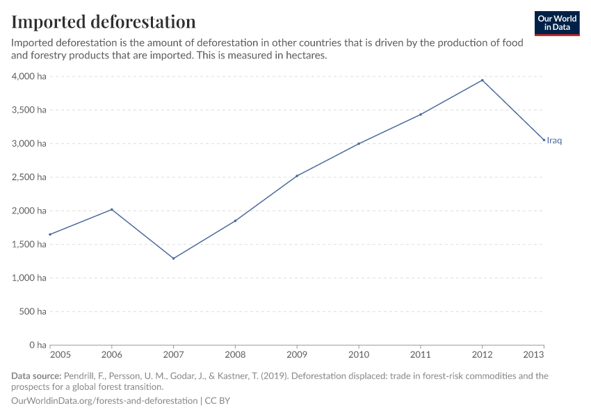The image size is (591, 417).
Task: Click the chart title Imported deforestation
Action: pyautogui.click(x=104, y=22)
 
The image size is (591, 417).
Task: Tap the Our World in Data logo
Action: pyautogui.click(x=556, y=23)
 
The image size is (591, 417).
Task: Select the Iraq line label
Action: pyautogui.click(x=554, y=140)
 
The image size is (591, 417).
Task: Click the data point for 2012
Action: pyautogui.click(x=482, y=80)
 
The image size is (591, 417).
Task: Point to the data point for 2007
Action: pyautogui.click(x=173, y=259)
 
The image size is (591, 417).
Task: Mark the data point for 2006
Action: pyautogui.click(x=112, y=209)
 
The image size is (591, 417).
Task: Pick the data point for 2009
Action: pyautogui.click(x=297, y=176)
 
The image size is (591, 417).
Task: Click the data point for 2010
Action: pyautogui.click(x=359, y=144)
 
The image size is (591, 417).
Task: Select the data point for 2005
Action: pyautogui.click(x=50, y=234)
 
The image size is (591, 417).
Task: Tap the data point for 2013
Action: pyautogui.click(x=544, y=140)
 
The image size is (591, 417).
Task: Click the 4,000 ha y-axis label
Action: pyautogui.click(x=29, y=76)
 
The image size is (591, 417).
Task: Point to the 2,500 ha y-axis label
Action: pyautogui.click(x=29, y=177)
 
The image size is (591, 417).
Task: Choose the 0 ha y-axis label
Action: pyautogui.click(x=36, y=345)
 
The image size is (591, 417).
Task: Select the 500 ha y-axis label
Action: pyautogui.click(x=33, y=312)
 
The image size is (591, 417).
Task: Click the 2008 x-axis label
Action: pyautogui.click(x=235, y=355)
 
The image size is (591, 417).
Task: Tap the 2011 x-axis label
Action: pyautogui.click(x=420, y=355)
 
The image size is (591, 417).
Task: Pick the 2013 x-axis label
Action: pyautogui.click(x=533, y=355)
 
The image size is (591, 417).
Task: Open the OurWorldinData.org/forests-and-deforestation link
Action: pyautogui.click(x=104, y=401)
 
